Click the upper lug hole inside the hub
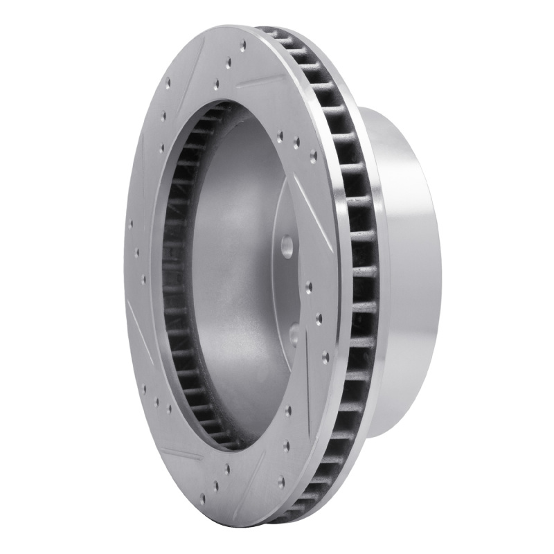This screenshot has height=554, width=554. pos(286,246)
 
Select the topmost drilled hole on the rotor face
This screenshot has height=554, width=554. pos(243,47)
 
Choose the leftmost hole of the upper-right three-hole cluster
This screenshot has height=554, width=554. pos(280,136)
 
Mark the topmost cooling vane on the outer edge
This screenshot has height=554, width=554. pos(270,33)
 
